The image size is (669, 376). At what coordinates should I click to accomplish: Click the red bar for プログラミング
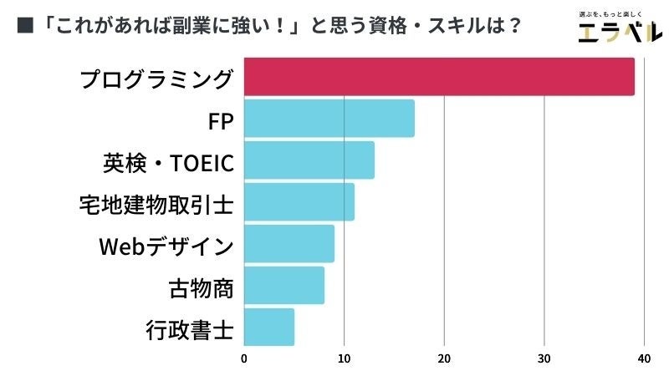point(439,77)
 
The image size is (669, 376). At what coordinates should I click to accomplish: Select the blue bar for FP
point(329,119)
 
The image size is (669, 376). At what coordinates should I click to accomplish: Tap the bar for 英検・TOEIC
point(309,160)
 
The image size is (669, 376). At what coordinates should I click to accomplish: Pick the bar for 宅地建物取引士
point(299,202)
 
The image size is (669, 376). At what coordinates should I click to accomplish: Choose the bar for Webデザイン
point(289,244)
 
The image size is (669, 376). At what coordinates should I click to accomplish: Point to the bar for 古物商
point(283,286)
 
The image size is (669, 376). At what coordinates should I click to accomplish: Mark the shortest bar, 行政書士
point(268,328)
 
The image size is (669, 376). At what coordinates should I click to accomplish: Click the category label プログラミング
point(156,79)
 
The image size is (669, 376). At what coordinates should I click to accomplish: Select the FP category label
point(220,121)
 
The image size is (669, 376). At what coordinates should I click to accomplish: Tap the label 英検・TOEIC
point(167,163)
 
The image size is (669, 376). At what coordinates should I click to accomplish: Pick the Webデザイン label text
point(166,246)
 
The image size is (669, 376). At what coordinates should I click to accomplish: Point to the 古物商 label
point(201,288)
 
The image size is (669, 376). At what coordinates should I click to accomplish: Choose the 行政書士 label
point(190,330)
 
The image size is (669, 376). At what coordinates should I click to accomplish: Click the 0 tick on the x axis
point(244,359)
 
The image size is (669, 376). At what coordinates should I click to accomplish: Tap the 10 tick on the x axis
point(344,359)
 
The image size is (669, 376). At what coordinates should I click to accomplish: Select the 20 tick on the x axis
point(444,359)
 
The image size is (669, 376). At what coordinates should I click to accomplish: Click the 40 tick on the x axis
point(644,359)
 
